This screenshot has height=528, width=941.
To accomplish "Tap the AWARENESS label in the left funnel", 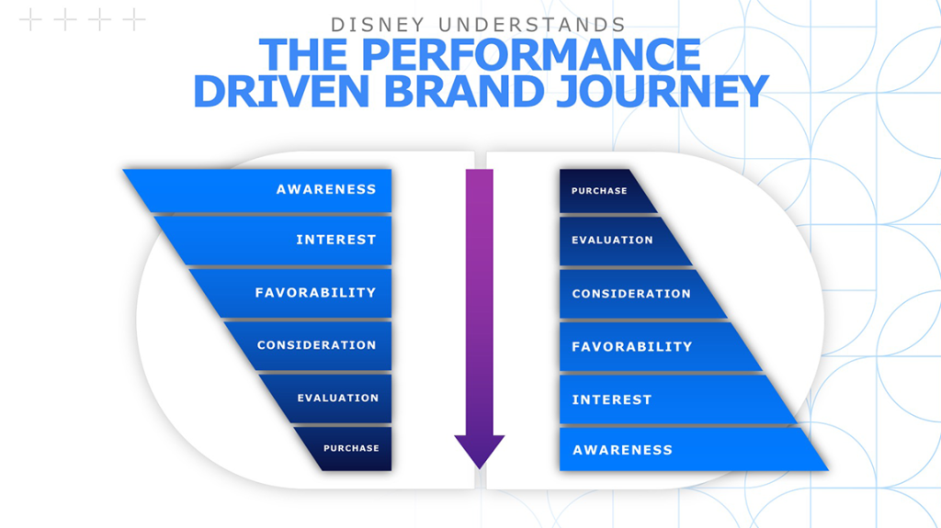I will pyautogui.click(x=326, y=189).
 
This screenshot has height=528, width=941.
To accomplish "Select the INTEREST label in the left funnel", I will pyautogui.click(x=335, y=240).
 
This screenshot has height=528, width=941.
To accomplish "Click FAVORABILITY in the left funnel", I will pyautogui.click(x=315, y=293).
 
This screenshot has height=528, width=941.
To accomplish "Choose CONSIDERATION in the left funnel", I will pyautogui.click(x=316, y=345).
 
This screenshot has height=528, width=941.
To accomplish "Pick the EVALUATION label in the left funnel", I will pyautogui.click(x=337, y=399).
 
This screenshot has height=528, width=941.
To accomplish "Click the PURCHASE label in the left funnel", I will pyautogui.click(x=350, y=449).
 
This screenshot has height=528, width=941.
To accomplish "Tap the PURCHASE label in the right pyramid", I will pyautogui.click(x=599, y=191).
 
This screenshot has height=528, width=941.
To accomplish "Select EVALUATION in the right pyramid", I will pyautogui.click(x=612, y=241).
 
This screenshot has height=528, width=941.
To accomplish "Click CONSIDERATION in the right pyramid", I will pyautogui.click(x=631, y=294).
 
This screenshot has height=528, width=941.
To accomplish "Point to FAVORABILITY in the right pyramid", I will pyautogui.click(x=631, y=347).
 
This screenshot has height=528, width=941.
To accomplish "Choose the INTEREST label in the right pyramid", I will pyautogui.click(x=611, y=400).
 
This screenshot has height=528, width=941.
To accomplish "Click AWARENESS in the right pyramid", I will pyautogui.click(x=622, y=450).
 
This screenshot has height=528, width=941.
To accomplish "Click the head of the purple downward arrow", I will pyautogui.click(x=479, y=450).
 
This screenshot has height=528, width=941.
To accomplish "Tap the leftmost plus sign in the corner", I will pyautogui.click(x=30, y=19).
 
